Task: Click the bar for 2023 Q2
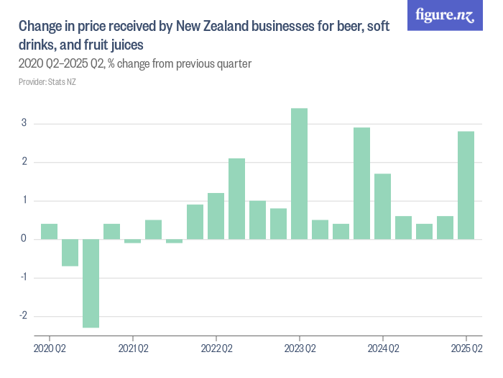pyautogui.click(x=299, y=174)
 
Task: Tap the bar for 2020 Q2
pyautogui.click(x=49, y=231)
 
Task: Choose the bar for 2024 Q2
pyautogui.click(x=382, y=207)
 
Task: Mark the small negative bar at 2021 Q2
pyautogui.click(x=132, y=241)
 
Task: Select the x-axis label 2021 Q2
pyautogui.click(x=132, y=348)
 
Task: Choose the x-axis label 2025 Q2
pyautogui.click(x=466, y=348)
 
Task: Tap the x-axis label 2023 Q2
pyautogui.click(x=299, y=348)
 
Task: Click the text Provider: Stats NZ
pyautogui.click(x=47, y=82)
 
